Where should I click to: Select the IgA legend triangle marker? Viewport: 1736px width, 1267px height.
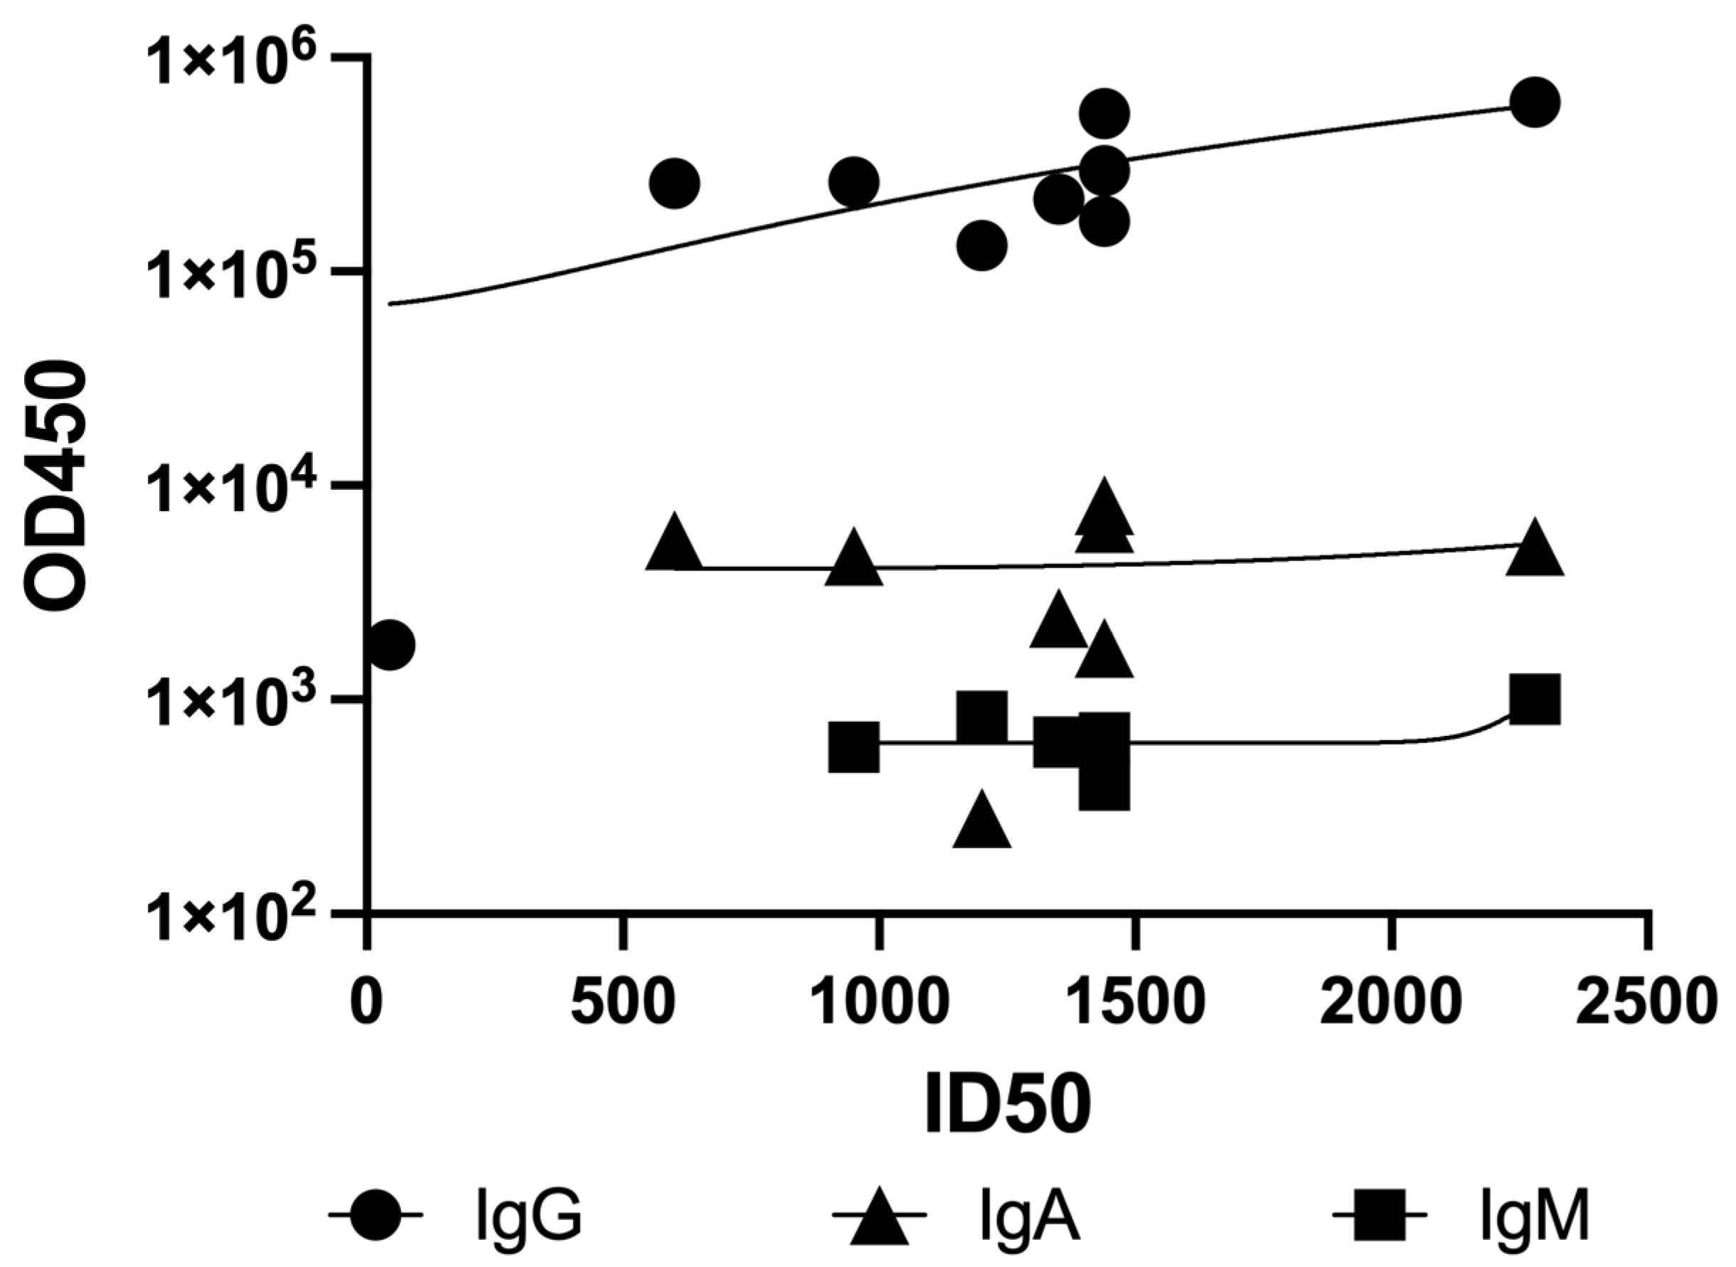(879, 1218)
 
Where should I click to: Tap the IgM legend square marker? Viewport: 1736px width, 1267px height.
(1378, 1216)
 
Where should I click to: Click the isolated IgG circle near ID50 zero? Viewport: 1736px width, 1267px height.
(390, 645)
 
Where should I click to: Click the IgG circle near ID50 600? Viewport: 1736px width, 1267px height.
(673, 183)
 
